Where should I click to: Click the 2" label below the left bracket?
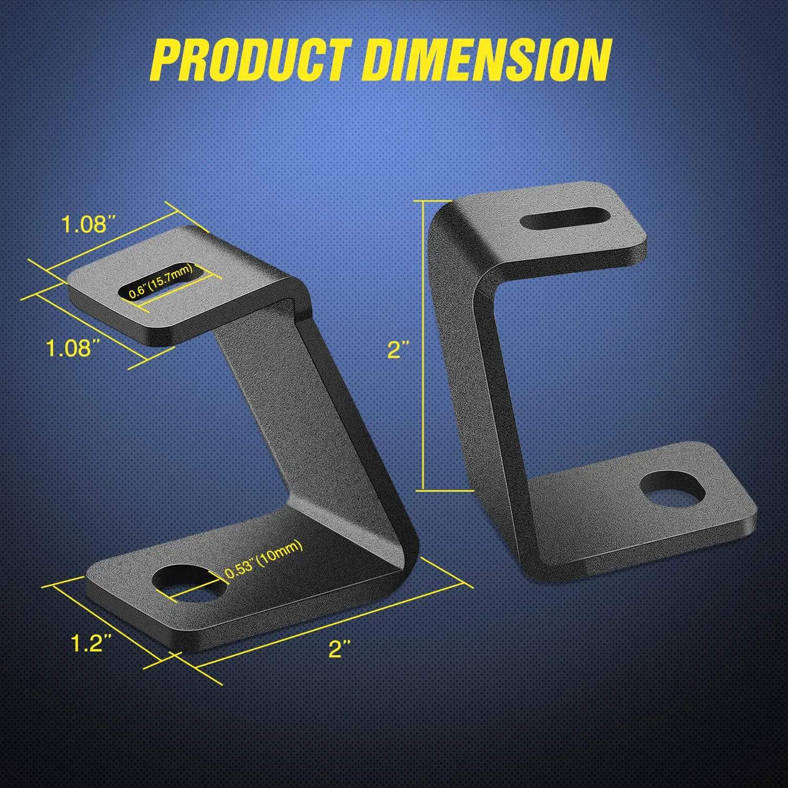[x=339, y=649]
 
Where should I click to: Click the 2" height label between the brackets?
[x=398, y=349]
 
